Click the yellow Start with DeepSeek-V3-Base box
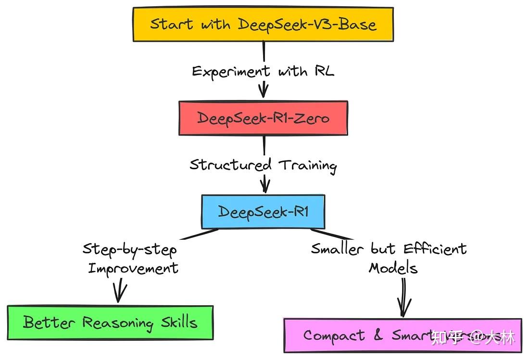[263, 24]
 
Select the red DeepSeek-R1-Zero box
[263, 118]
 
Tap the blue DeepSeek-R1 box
[263, 211]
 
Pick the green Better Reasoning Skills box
[110, 322]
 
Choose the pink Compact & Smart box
[402, 335]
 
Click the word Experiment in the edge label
[231, 72]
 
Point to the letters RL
[324, 71]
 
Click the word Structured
[230, 165]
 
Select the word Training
[308, 165]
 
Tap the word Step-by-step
[129, 249]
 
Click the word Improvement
[133, 268]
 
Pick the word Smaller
[339, 248]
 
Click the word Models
[393, 267]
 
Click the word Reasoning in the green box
[117, 323]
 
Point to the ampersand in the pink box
[378, 335]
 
